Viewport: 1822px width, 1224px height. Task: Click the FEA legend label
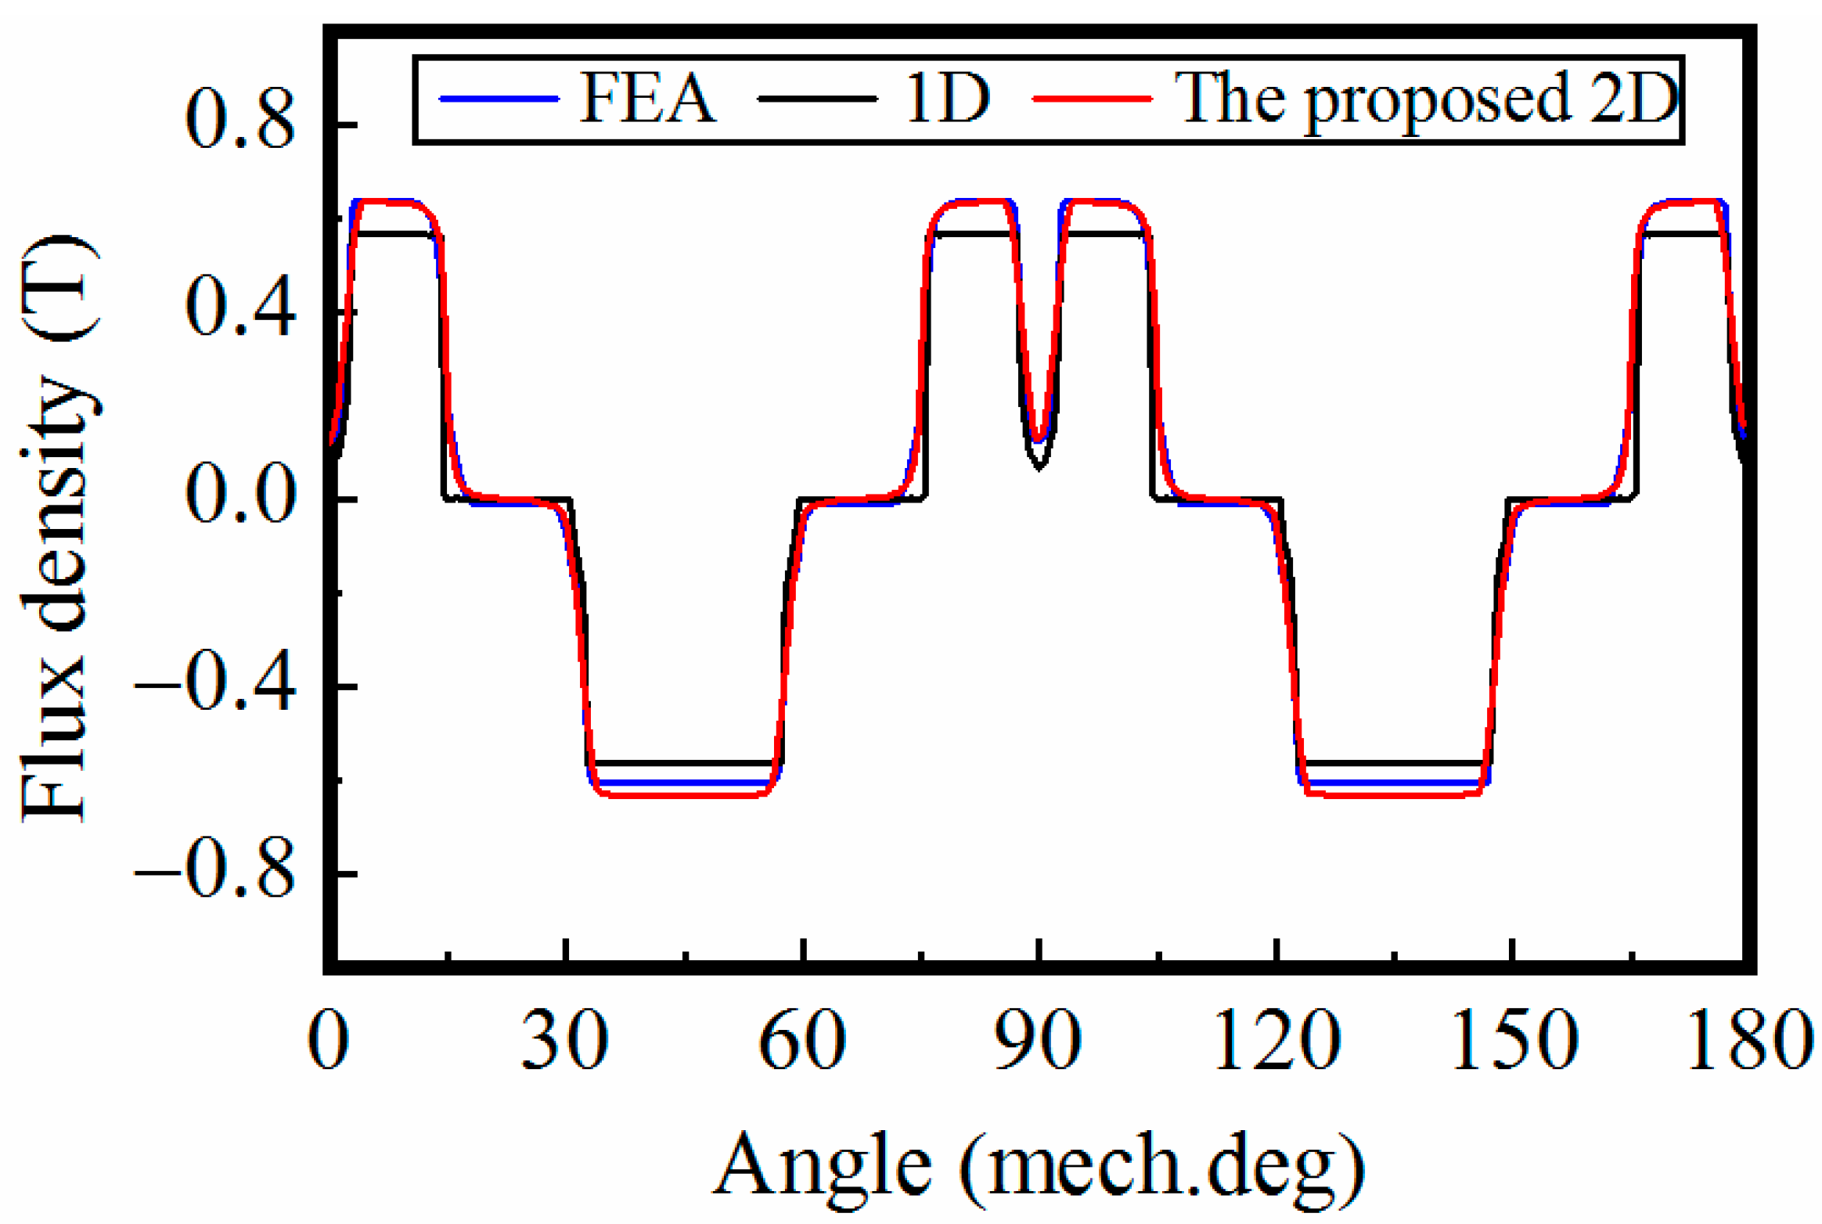(x=647, y=99)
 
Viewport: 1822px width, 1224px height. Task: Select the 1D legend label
(x=948, y=99)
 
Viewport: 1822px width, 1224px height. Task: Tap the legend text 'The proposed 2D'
(x=1427, y=100)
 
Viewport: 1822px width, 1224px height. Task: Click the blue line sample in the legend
(x=499, y=99)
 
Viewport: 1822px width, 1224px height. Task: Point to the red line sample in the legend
(x=1093, y=99)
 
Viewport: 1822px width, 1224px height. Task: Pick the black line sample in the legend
(x=817, y=99)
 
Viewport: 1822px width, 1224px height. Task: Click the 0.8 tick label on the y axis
(x=240, y=124)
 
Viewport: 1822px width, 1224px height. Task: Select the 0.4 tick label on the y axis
(x=240, y=311)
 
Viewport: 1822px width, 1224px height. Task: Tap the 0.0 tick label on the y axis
(x=240, y=499)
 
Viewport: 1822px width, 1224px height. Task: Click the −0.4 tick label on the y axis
(x=216, y=686)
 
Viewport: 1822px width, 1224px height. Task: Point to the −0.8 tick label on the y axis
(x=216, y=873)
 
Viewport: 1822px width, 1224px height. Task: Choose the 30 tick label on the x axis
(x=564, y=1040)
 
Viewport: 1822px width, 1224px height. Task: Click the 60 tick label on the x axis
(x=802, y=1040)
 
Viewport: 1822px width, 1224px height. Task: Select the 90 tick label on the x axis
(x=1038, y=1040)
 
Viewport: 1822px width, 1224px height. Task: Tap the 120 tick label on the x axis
(x=1276, y=1040)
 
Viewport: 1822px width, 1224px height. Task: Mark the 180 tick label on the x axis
(x=1750, y=1040)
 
